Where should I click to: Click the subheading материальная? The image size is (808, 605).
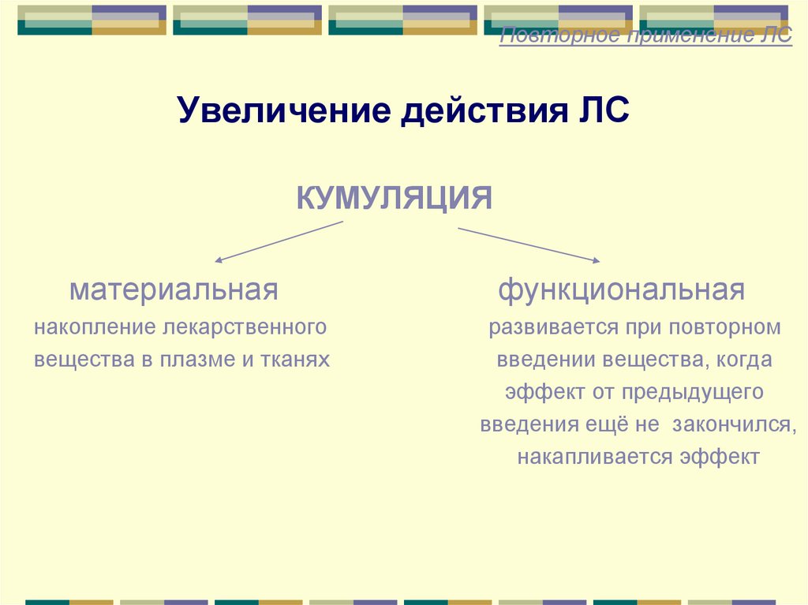tap(174, 290)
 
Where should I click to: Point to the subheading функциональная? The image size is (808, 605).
tap(621, 290)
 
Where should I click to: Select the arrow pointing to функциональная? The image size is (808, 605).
tap(529, 245)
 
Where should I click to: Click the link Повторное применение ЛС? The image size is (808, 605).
tap(646, 36)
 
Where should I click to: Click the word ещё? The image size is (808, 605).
tap(605, 424)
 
